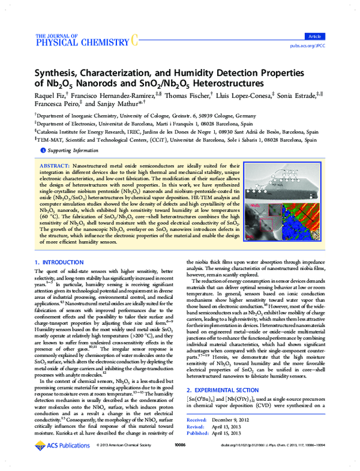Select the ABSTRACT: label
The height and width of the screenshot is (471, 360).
point(56,164)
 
